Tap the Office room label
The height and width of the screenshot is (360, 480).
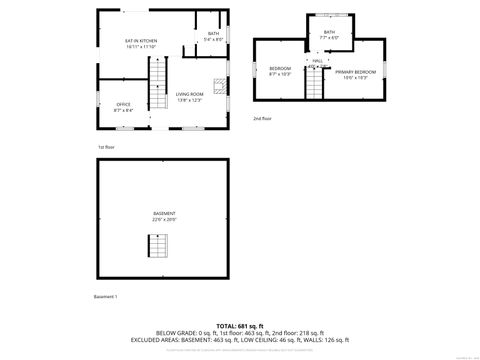point(124,104)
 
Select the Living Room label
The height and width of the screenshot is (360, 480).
point(190,94)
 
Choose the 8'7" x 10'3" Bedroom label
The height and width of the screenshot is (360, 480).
point(279,68)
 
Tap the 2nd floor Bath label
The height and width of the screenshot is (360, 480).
point(330,33)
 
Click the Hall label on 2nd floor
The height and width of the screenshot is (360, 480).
point(317,61)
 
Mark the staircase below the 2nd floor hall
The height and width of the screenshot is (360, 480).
point(316,86)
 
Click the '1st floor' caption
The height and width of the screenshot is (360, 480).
point(106,147)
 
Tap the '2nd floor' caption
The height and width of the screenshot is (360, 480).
point(262,117)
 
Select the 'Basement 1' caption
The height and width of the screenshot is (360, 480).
point(106,297)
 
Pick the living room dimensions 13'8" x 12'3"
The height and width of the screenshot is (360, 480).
point(190,100)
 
